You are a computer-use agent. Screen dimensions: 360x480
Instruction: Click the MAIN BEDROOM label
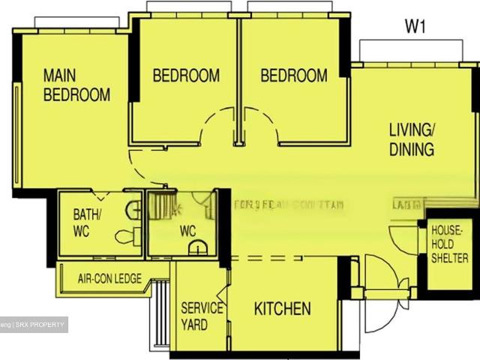(x=76, y=85)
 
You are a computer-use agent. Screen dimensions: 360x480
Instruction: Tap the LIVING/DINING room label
(x=411, y=139)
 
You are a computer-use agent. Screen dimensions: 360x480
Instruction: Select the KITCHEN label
(x=282, y=308)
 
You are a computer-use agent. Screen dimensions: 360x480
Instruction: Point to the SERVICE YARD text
(x=202, y=316)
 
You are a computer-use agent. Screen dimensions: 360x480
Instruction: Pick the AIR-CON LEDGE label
(x=109, y=278)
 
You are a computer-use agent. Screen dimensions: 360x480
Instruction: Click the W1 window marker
(x=415, y=27)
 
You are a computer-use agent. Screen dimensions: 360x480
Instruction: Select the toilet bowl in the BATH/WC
(x=125, y=236)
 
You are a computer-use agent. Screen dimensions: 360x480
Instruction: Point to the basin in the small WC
(x=197, y=249)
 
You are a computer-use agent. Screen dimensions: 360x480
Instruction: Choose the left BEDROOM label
(x=186, y=76)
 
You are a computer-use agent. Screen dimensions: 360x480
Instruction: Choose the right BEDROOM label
(x=294, y=76)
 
